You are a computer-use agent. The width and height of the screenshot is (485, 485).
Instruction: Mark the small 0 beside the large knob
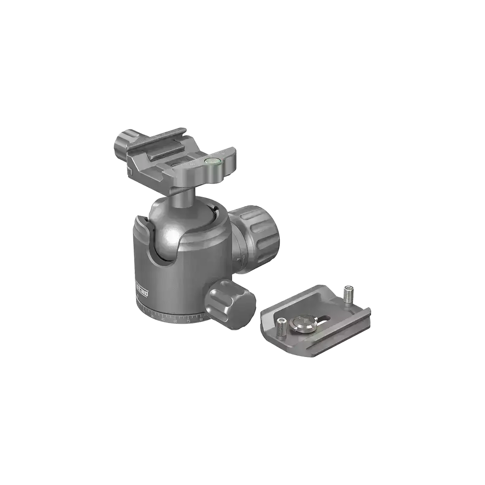point(243,259)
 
